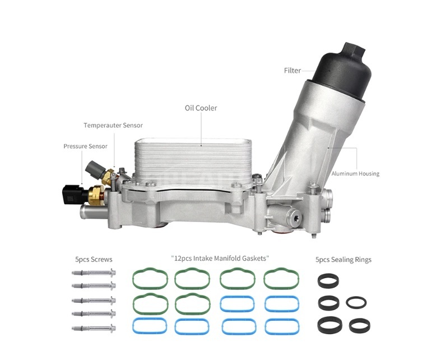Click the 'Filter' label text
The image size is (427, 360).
click(x=292, y=71)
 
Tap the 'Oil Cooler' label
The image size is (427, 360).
click(x=201, y=108)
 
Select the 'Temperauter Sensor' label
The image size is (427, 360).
click(x=113, y=126)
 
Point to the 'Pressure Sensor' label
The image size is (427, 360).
click(x=85, y=146)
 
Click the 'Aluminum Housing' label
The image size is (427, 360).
click(x=355, y=174)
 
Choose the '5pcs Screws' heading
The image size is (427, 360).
click(x=94, y=260)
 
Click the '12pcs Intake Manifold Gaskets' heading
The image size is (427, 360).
click(x=220, y=258)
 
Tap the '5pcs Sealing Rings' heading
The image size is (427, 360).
click(x=344, y=260)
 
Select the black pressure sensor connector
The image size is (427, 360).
click(x=72, y=195)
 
